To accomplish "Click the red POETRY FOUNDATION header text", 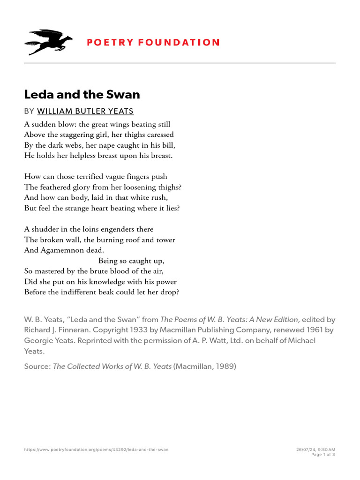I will click(x=153, y=43).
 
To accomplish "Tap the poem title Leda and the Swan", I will click(x=82, y=94).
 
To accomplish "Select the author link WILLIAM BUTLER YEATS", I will click(x=85, y=111).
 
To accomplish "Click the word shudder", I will click(x=45, y=229).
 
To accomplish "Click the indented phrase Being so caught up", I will click(x=131, y=261).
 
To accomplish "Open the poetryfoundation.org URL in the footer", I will click(x=96, y=450).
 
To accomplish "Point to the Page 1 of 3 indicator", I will click(x=323, y=455).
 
